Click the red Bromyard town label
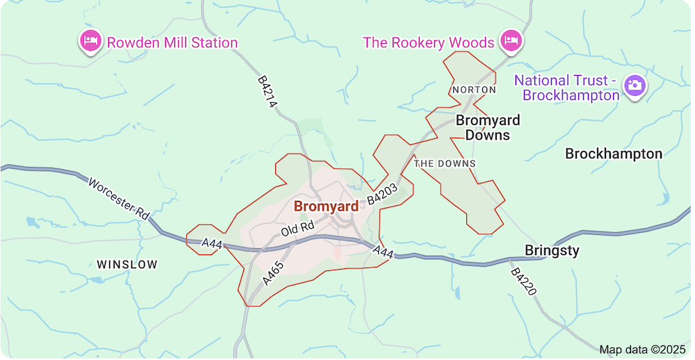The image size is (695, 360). (326, 206)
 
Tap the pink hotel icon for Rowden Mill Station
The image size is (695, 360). (90, 42)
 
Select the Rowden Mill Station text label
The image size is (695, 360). (172, 42)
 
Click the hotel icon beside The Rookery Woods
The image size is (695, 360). (512, 41)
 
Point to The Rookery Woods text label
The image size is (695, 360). (428, 42)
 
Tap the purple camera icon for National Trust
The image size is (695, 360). (634, 85)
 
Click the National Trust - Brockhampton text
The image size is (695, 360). (566, 88)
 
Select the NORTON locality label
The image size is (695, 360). (473, 90)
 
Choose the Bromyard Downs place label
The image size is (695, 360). (487, 128)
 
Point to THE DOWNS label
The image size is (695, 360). (445, 163)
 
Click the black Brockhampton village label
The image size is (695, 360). (613, 154)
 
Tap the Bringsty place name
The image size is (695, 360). (552, 250)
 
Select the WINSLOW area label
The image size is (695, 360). (127, 264)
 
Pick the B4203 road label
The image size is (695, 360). (382, 193)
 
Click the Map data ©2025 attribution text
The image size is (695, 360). (641, 349)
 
